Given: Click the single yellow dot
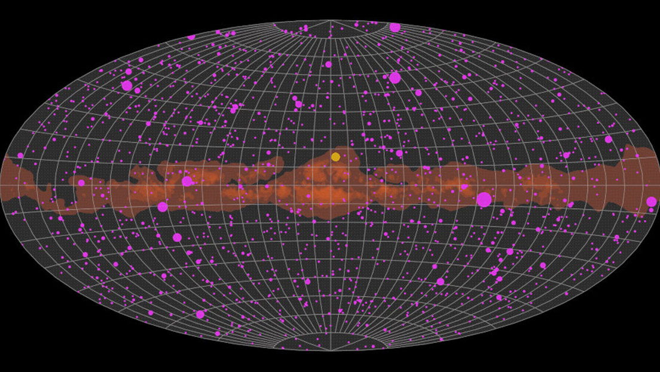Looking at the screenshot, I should [335, 157].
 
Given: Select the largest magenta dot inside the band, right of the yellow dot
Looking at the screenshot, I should [484, 200].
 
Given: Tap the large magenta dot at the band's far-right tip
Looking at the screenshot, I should [651, 202].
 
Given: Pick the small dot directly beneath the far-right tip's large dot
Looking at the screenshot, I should [651, 211].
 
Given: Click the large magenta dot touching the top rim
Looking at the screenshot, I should [395, 28].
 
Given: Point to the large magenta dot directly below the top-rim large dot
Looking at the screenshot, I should [395, 78].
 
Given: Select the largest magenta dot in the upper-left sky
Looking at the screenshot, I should [127, 86].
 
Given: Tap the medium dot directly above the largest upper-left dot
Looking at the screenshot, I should [129, 72].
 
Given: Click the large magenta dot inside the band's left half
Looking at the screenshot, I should [187, 181].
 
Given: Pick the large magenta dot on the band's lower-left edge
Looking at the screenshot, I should [163, 207].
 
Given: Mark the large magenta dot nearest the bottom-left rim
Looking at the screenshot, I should [200, 314].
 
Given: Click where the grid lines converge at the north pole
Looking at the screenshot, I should [330, 21].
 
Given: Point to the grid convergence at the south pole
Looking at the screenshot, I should [330, 350].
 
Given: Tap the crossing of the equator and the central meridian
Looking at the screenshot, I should [330, 186].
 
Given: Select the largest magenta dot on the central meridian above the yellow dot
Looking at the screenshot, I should [328, 65].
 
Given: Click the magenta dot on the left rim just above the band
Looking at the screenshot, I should [20, 155].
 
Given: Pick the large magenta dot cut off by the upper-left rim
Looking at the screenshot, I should [191, 36].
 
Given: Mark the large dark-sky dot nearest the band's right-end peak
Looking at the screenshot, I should [608, 139].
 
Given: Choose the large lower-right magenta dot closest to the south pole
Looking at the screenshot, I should [441, 282].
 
